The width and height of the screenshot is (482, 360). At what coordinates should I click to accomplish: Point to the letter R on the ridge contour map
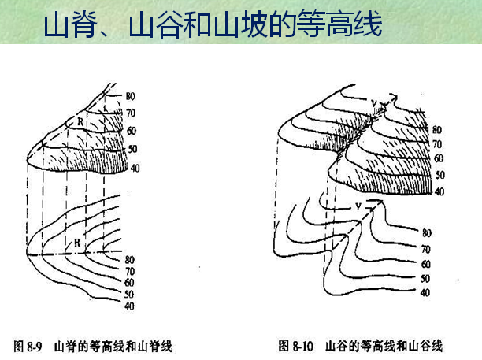point(77,243)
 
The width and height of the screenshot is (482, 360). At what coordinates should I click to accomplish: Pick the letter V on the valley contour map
point(358,206)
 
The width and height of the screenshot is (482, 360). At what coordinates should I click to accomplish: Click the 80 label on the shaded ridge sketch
point(131,96)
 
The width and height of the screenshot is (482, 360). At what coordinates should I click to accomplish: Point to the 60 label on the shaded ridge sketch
point(131,131)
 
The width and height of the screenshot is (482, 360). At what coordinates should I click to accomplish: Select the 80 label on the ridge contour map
point(131,259)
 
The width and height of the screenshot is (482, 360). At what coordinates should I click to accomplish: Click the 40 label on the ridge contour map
point(129,306)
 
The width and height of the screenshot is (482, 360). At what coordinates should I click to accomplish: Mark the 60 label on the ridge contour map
point(129,282)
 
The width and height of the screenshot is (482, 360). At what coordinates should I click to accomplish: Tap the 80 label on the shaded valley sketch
point(437,130)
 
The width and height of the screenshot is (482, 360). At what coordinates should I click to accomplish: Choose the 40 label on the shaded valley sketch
point(439,191)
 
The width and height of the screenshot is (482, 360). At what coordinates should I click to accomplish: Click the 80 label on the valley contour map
point(426,233)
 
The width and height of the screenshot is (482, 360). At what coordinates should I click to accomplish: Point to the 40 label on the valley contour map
point(425,292)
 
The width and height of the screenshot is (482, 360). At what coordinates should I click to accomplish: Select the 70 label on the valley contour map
point(425,249)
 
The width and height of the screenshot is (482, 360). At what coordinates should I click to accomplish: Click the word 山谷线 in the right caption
point(426,346)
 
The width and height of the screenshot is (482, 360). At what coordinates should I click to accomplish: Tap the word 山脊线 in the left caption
point(155,346)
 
